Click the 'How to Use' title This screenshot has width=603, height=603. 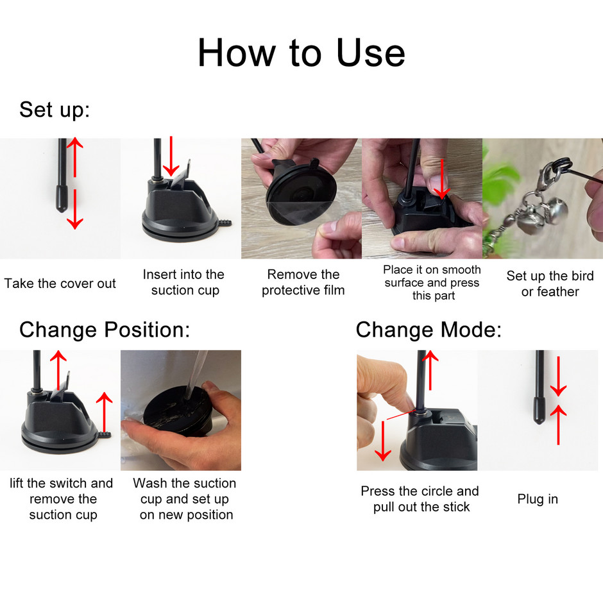pos(301,53)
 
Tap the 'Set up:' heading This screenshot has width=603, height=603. pos(55,110)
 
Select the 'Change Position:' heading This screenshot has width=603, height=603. pos(105,330)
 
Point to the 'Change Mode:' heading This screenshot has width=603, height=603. pos(429,330)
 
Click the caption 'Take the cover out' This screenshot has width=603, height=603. pos(60,284)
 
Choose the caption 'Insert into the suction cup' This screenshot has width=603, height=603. pos(184,282)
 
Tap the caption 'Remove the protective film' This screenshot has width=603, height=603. pos(303,282)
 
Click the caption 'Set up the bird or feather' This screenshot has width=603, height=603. pos(550,284)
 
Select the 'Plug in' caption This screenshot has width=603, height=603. pos(537,499)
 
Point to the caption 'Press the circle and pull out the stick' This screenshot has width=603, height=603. pos(420,499)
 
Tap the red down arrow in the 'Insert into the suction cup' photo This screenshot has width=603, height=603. pos(171,156)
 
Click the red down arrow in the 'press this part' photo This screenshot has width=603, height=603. pos(442,179)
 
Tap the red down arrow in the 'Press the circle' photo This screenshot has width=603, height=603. pos(383,441)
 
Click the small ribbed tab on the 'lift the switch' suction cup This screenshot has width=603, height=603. pos(104,434)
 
